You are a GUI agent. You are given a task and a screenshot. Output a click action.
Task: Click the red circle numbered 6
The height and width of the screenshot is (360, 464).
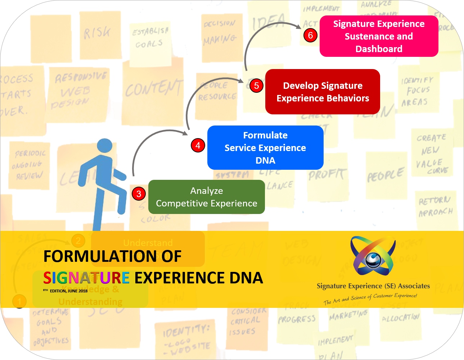coord(310,35)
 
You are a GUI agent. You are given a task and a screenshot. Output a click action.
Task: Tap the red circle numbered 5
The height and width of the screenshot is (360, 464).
coord(256,86)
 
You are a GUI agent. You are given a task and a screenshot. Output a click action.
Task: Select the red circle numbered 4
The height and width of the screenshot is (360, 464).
coord(198,145)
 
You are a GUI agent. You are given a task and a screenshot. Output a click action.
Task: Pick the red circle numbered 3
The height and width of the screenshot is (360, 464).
coord(139,194)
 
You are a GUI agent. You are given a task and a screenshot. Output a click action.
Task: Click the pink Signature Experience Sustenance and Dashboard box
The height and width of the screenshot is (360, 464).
coord(379,36)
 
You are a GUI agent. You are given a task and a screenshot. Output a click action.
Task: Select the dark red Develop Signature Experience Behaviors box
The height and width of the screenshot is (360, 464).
coord(323,92)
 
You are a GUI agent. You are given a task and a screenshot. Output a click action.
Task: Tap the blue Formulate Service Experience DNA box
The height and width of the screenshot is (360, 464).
coord(265,148)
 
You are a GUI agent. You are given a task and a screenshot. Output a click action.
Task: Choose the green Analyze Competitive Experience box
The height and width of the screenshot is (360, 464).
coord(206,197)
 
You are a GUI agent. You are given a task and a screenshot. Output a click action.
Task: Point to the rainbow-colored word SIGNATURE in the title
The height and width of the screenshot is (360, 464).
coord(86,278)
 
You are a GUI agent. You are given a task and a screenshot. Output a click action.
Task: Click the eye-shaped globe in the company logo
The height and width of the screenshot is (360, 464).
coord(373,259)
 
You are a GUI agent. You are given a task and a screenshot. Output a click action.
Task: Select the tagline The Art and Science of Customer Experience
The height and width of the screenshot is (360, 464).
coord(370,299)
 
